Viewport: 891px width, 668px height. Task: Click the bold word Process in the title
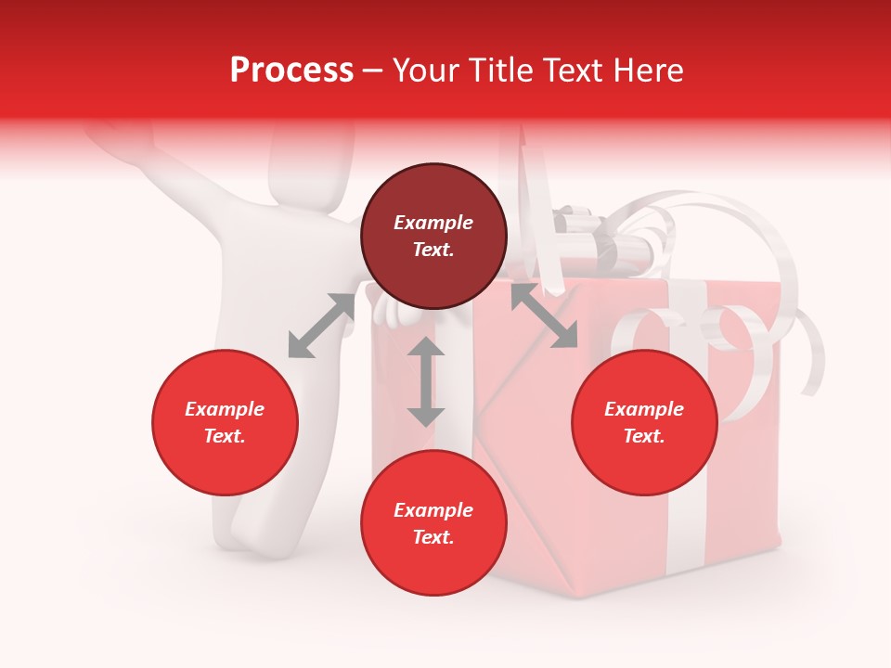click(291, 71)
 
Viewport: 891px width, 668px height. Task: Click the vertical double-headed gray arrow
click(426, 381)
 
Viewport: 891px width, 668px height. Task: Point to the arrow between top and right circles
click(544, 315)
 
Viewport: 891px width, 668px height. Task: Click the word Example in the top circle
click(433, 223)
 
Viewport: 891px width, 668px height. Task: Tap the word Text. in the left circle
click(225, 436)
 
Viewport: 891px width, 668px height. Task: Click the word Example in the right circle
click(644, 409)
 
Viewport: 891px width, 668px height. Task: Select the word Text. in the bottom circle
click(433, 537)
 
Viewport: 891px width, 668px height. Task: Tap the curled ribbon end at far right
click(813, 362)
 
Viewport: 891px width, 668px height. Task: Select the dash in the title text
click(372, 71)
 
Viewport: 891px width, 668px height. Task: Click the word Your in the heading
click(427, 71)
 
